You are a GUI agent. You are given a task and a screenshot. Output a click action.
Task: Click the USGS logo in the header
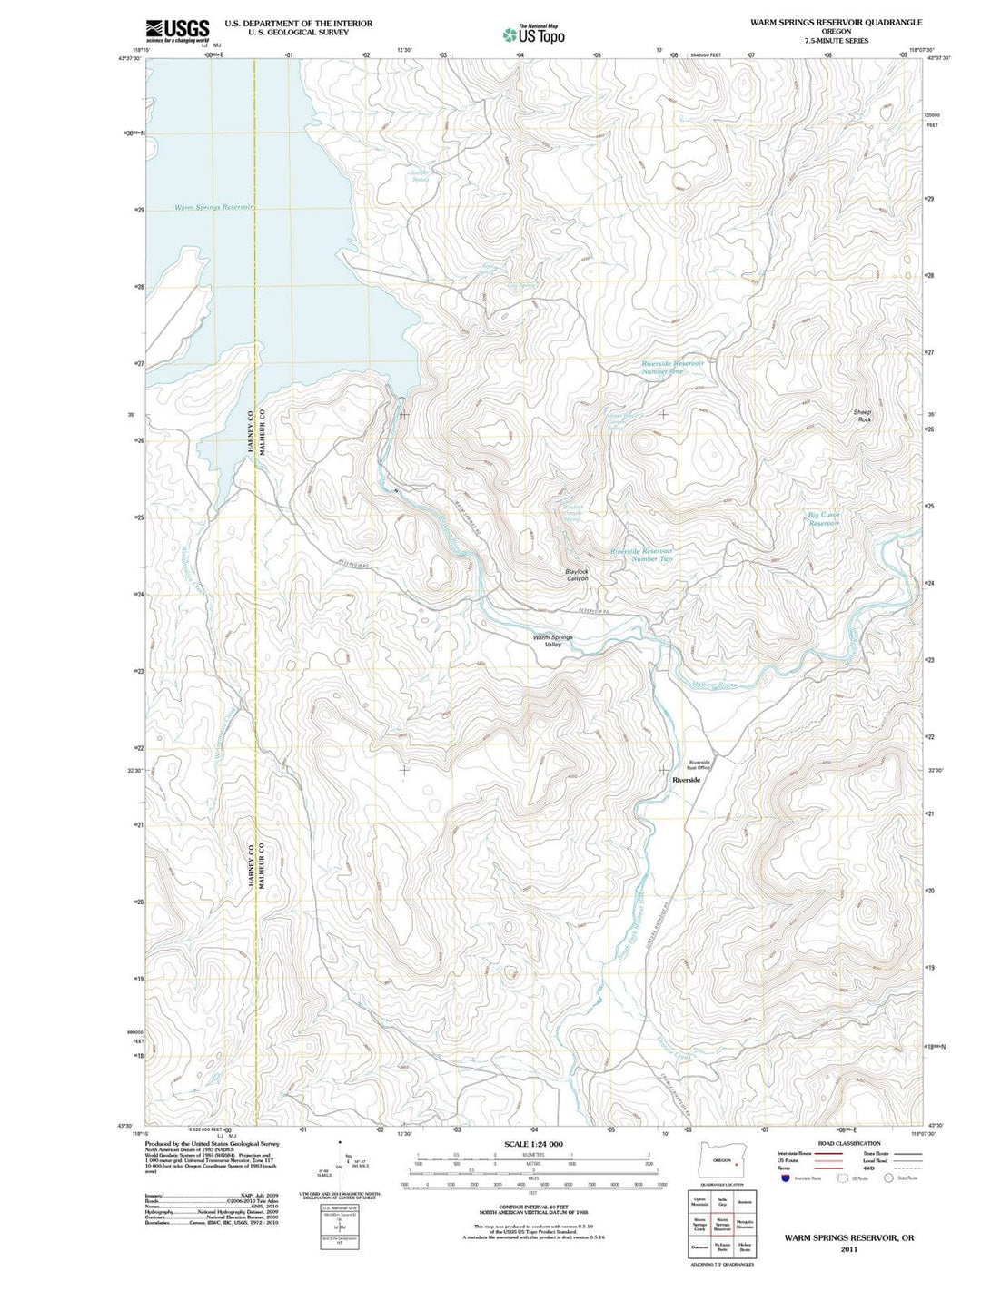pyautogui.click(x=177, y=31)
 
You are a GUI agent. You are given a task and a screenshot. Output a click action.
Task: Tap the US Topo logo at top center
pyautogui.click(x=533, y=34)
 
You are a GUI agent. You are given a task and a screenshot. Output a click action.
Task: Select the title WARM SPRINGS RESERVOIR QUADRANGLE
pyautogui.click(x=836, y=22)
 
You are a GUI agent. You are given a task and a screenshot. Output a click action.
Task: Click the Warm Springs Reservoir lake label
pyautogui.click(x=213, y=208)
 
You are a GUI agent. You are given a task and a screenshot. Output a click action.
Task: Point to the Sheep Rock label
pyautogui.click(x=862, y=416)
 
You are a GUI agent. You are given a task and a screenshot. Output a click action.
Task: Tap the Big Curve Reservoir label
pyautogui.click(x=824, y=518)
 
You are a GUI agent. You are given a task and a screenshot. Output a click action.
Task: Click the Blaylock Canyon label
pyautogui.click(x=577, y=575)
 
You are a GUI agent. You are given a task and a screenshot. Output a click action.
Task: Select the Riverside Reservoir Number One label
pyautogui.click(x=672, y=367)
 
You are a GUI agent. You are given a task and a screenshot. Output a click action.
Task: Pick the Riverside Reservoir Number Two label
pyautogui.click(x=641, y=555)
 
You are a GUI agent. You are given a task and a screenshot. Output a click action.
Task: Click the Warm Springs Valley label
pyautogui.click(x=552, y=641)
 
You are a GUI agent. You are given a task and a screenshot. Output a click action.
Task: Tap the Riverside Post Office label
pyautogui.click(x=699, y=764)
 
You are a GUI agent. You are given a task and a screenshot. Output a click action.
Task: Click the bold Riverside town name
pyautogui.click(x=686, y=780)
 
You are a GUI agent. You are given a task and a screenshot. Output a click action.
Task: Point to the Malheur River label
pyautogui.click(x=713, y=685)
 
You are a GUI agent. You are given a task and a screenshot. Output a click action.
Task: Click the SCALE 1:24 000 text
pyautogui.click(x=533, y=1144)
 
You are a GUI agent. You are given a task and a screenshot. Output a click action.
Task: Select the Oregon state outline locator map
pyautogui.click(x=722, y=1161)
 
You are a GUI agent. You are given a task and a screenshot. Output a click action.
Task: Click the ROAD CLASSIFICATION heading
pyautogui.click(x=848, y=1143)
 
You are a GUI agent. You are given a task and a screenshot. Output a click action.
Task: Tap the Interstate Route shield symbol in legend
pyautogui.click(x=786, y=1178)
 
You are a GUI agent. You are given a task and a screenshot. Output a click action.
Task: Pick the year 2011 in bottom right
pyautogui.click(x=848, y=1248)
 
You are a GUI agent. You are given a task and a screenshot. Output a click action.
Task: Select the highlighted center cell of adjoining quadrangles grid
pyautogui.click(x=722, y=1225)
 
